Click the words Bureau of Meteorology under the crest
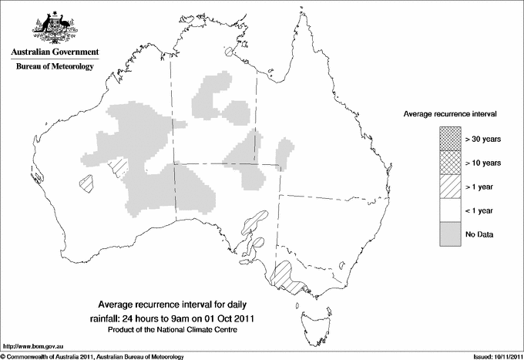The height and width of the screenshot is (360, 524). coord(55,67)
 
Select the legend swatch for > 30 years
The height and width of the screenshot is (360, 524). coord(450,138)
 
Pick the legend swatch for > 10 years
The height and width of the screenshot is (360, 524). coord(450,162)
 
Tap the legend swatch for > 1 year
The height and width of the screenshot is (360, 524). coord(450,186)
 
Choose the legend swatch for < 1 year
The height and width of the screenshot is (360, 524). coord(450,210)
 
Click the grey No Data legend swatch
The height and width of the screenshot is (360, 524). coord(450,234)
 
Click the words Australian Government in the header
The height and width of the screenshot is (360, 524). coord(55,52)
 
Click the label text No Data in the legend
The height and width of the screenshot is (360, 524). coord(479,234)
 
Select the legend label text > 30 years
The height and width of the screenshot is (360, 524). coord(482,138)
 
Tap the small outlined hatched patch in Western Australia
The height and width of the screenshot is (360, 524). coord(86,183)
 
